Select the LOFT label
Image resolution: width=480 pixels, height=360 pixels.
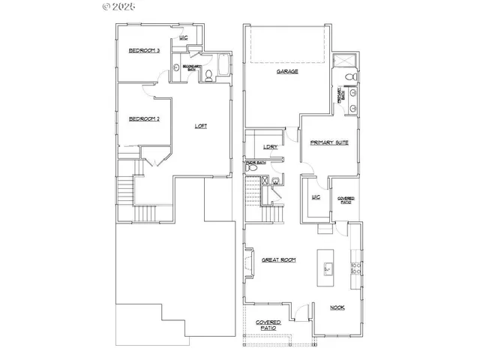pyautogui.click(x=201, y=126)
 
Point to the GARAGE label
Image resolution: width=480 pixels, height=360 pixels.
pyautogui.click(x=287, y=71)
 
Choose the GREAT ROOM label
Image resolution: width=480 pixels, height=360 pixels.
pyautogui.click(x=278, y=260)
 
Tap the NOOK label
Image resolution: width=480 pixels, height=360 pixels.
pyautogui.click(x=337, y=307)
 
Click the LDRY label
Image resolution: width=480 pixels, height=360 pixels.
pyautogui.click(x=271, y=147)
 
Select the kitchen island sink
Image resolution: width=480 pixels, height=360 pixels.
pyautogui.click(x=327, y=266)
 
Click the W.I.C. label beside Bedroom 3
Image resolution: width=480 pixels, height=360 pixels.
pyautogui.click(x=182, y=37)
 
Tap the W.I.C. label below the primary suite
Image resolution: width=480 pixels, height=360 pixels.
pyautogui.click(x=316, y=197)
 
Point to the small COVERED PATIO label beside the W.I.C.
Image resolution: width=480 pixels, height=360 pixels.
pyautogui.click(x=346, y=199)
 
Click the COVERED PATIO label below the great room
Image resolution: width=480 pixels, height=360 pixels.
pyautogui.click(x=268, y=325)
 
